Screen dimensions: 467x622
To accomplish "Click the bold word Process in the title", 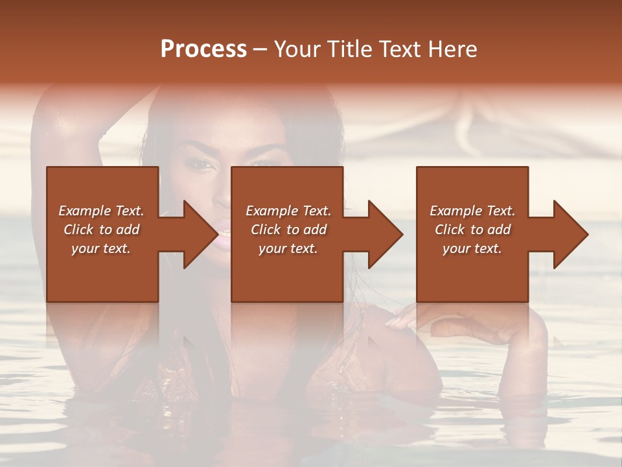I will (x=203, y=49).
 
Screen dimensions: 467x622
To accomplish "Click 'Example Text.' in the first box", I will (x=102, y=211).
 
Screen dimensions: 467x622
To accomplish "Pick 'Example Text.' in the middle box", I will (x=288, y=211).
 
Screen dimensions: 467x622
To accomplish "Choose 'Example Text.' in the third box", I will (x=472, y=211).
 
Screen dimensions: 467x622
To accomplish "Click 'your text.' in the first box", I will (x=101, y=248).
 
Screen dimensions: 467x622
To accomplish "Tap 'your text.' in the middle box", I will (x=288, y=248).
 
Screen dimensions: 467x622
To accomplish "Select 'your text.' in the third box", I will (x=472, y=248).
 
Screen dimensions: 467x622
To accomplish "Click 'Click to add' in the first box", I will (x=102, y=230).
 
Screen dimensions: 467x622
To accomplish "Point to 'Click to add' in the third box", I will (x=473, y=230).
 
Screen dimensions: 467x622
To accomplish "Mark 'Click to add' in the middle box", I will (x=289, y=230).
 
